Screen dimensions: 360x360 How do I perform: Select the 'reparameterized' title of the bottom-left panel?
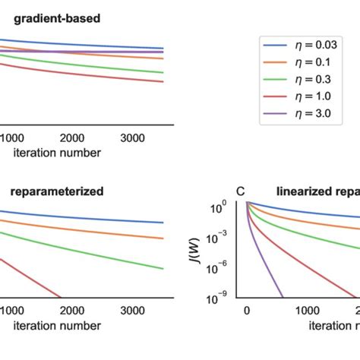coord(57,191)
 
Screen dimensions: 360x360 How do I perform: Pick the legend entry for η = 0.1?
coord(308,63)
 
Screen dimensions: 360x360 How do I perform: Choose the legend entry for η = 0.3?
coord(308,81)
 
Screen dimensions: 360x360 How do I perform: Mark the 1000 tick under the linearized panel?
coord(308,311)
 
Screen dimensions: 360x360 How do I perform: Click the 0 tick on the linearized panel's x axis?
coord(246,311)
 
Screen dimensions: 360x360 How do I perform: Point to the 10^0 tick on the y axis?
coord(229,206)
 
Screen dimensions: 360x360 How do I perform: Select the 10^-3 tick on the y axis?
coord(227,237)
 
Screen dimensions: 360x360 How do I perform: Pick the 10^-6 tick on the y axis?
coord(227,267)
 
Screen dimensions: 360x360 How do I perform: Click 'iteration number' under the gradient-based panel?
coord(57,151)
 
